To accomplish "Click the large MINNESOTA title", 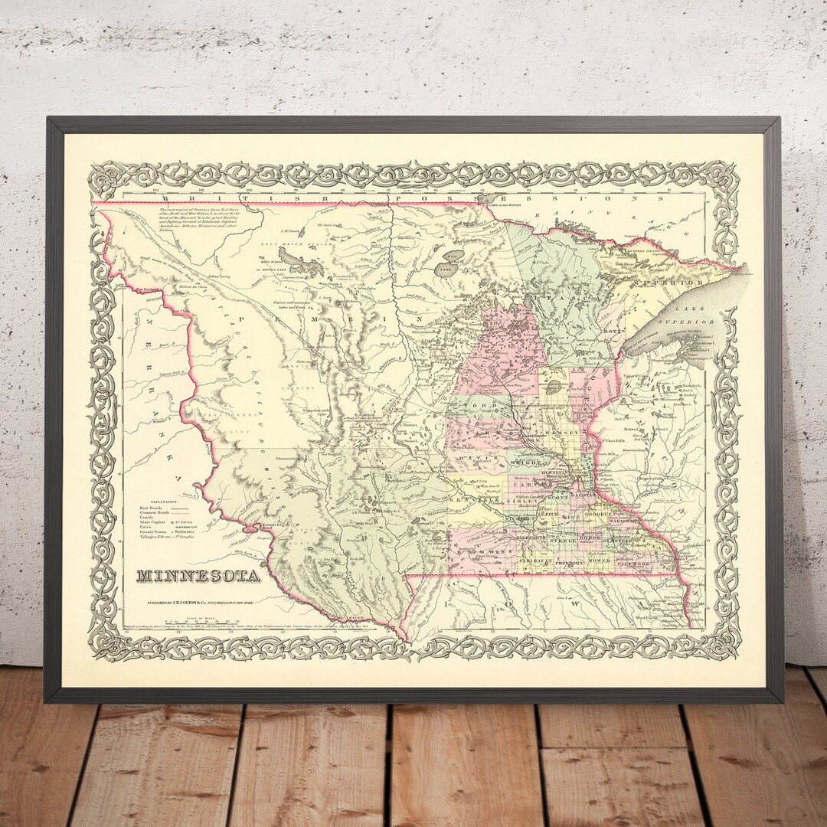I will pos(198,574).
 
